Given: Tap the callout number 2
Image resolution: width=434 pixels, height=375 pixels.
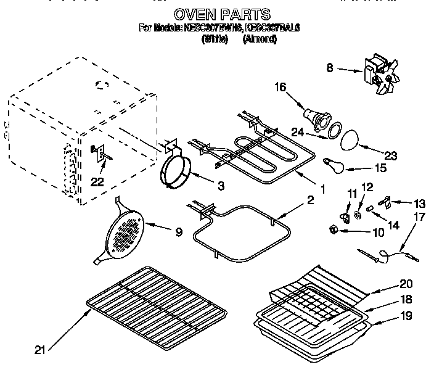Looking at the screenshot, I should point(310,199).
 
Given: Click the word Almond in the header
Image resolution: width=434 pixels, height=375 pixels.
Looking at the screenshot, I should point(260,38).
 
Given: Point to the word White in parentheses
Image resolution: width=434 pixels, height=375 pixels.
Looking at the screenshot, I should point(215,38).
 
